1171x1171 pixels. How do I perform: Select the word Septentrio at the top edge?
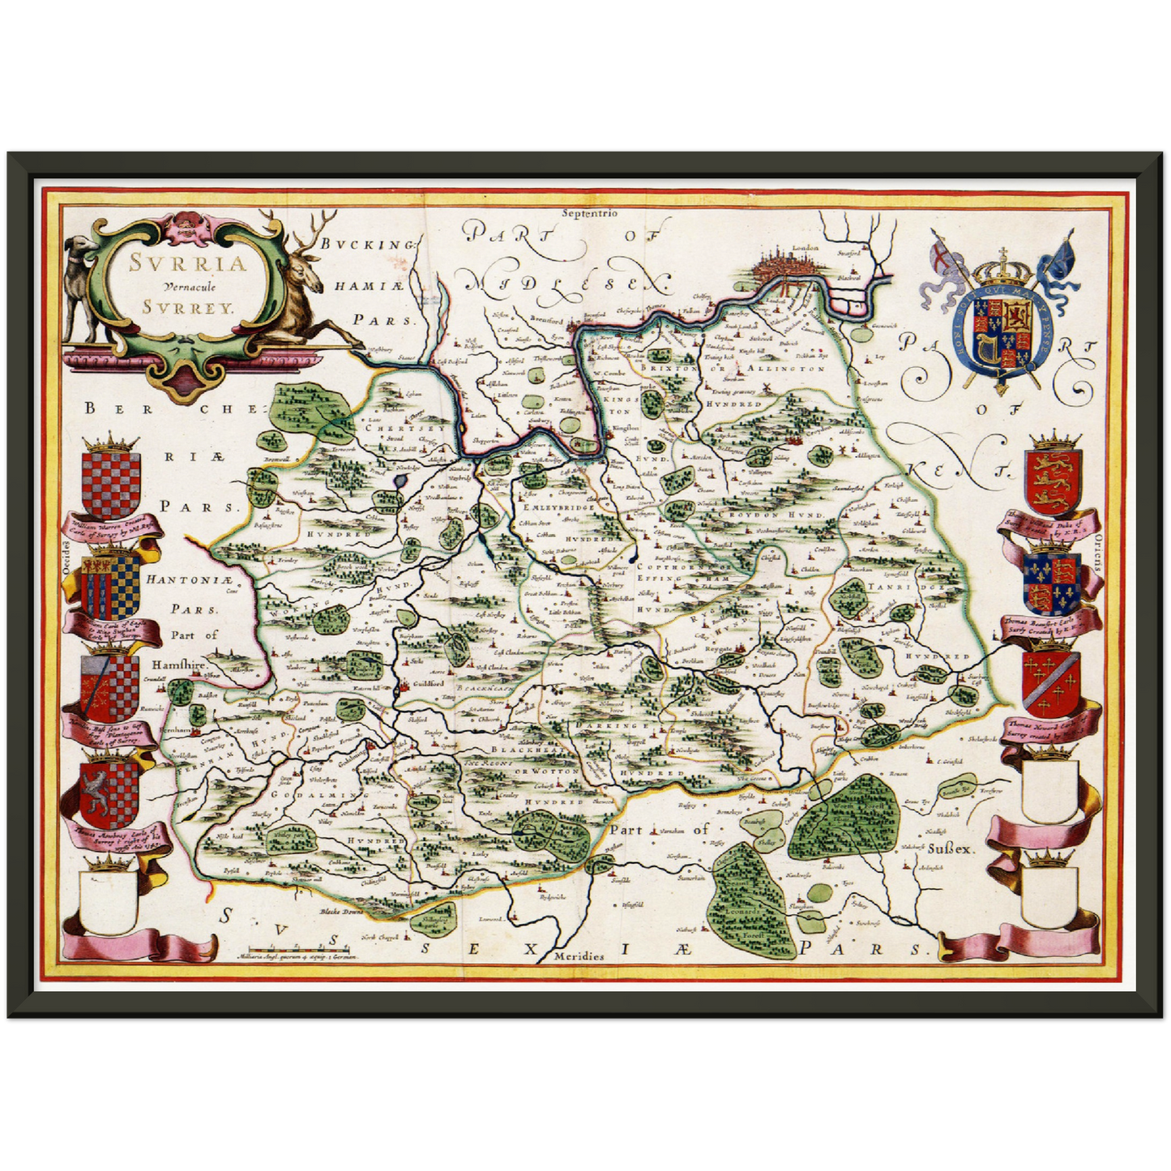click(x=588, y=213)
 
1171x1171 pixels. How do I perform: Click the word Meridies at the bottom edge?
click(x=579, y=956)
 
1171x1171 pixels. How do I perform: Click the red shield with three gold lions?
click(x=1053, y=483)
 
